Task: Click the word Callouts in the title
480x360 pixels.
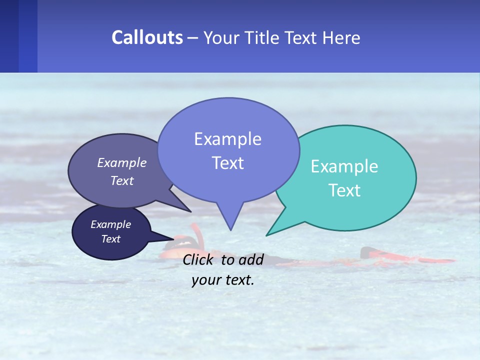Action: point(147,37)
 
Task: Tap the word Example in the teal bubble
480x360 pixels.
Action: point(344,166)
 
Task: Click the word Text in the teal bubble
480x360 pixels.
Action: point(344,190)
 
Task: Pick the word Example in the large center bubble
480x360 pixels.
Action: point(227,139)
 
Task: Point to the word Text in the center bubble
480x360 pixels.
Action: point(227,163)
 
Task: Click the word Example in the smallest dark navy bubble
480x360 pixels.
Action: point(110,224)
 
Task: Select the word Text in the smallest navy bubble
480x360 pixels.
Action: point(110,239)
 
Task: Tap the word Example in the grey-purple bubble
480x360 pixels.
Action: point(121,162)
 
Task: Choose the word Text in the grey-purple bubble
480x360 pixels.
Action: point(121,180)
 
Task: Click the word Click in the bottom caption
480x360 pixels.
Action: point(199,259)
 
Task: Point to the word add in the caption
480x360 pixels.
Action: point(251,259)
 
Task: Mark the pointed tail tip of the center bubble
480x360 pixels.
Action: point(230,230)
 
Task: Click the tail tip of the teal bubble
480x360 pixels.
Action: point(266,235)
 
